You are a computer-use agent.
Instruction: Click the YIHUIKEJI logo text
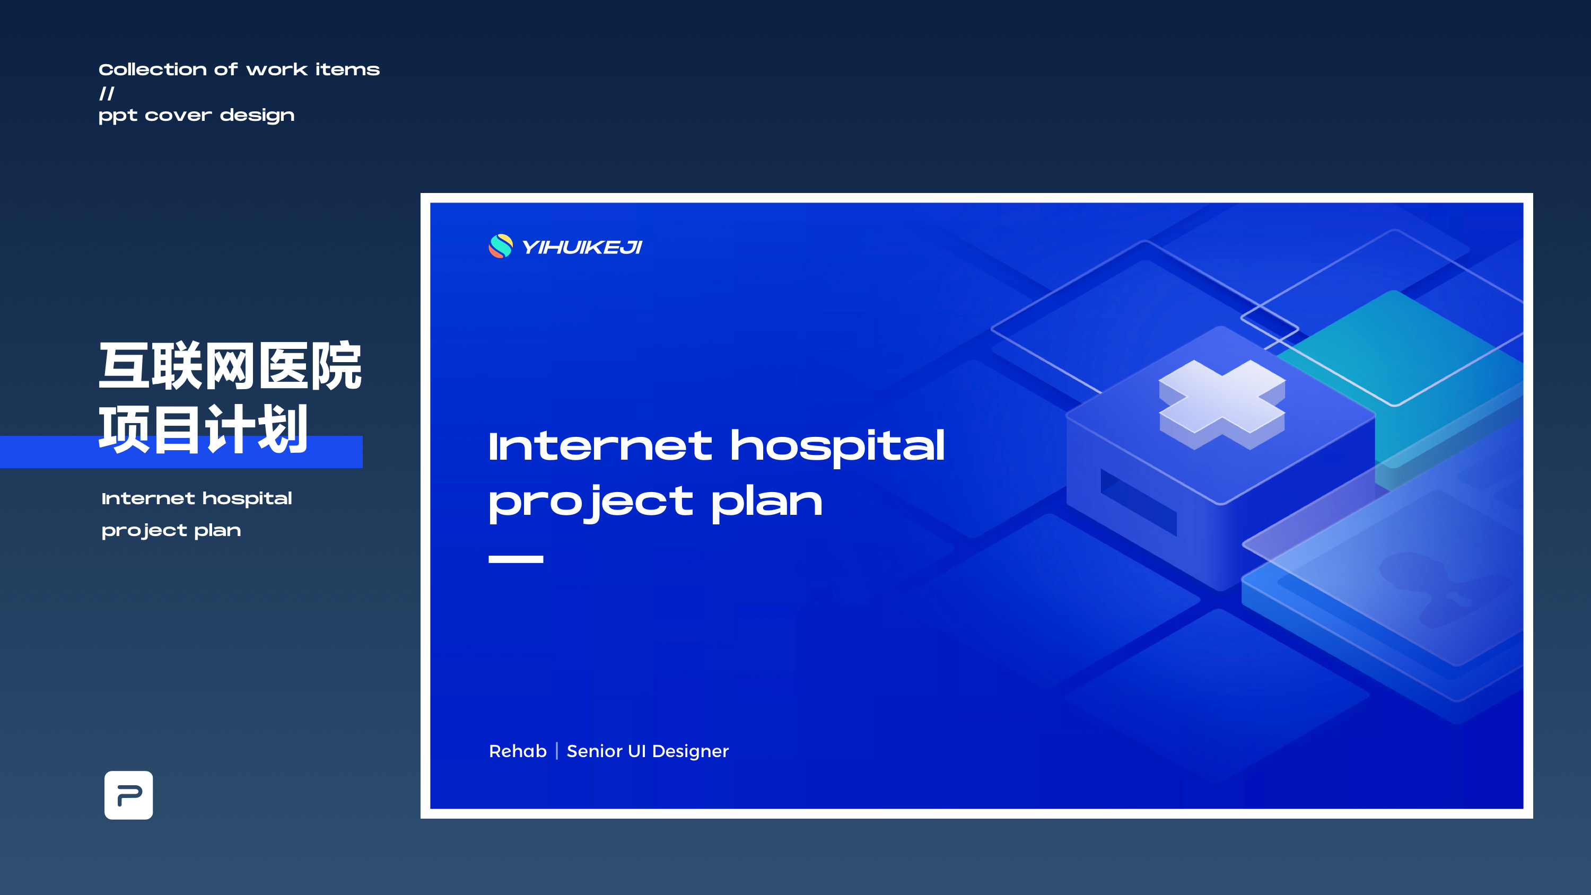coord(582,247)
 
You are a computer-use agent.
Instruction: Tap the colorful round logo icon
coord(500,246)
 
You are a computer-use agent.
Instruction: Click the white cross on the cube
coord(1222,404)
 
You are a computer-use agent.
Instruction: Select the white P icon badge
coord(128,795)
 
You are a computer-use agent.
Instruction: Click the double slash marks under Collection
coord(107,93)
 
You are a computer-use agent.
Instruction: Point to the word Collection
coord(153,69)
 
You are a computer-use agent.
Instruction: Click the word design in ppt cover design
coord(257,116)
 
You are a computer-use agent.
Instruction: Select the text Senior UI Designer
coord(647,751)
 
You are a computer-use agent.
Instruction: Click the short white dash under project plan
coord(515,559)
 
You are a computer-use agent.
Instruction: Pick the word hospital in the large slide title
coord(837,446)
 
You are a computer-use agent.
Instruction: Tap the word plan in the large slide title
coord(766,502)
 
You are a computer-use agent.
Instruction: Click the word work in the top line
coord(277,69)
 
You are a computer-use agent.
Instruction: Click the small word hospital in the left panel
coord(247,499)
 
